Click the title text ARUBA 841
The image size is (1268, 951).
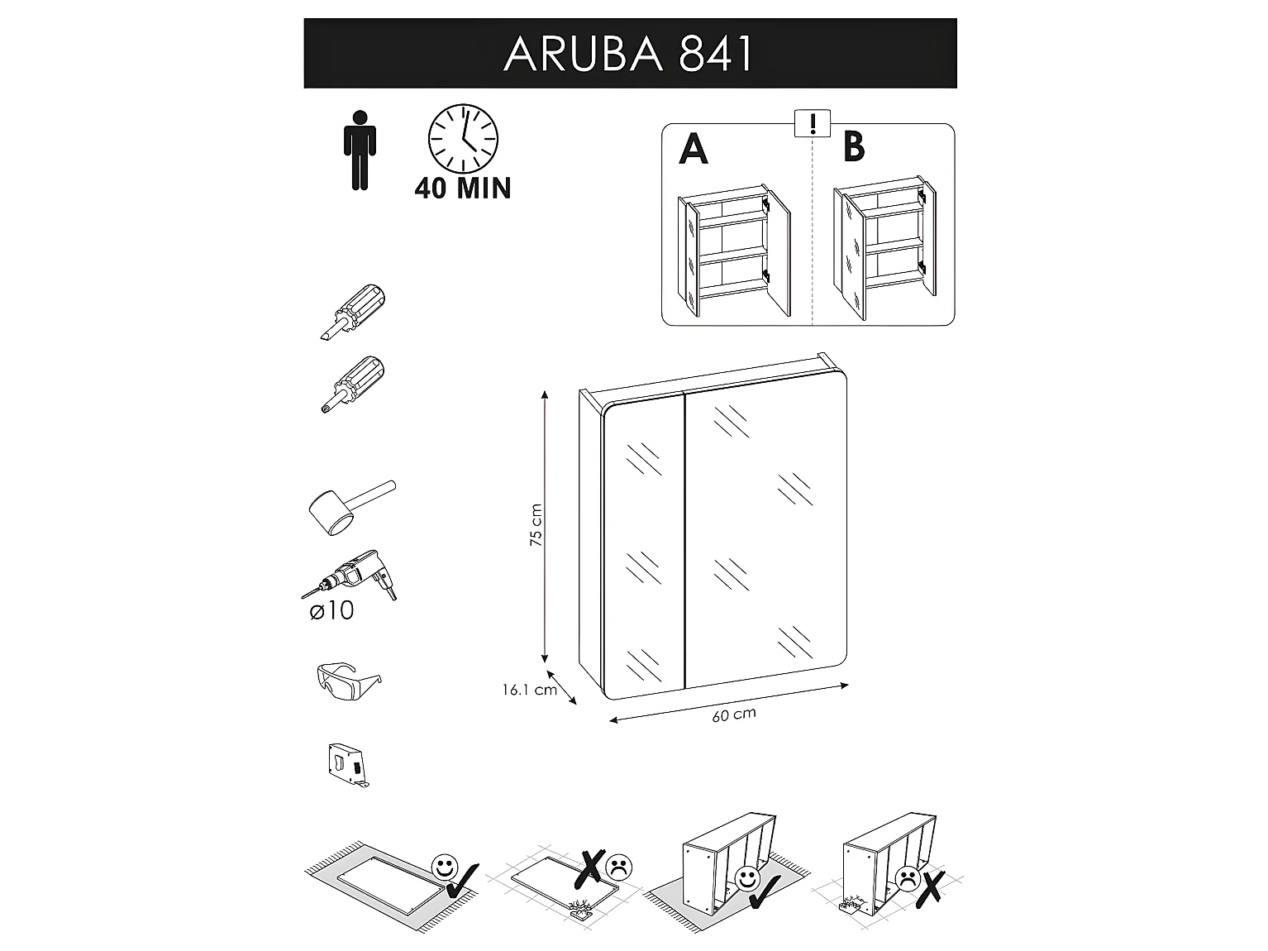pos(629,55)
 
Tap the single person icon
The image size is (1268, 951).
pos(360,150)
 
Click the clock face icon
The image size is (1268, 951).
pos(463,140)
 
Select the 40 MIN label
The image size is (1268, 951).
pos(463,189)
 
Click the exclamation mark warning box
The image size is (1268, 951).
pos(813,125)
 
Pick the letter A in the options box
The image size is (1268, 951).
pos(694,149)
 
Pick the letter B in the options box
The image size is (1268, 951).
pos(854,146)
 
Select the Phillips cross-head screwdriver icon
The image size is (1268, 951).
pos(354,383)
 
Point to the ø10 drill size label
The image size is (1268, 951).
pos(331,611)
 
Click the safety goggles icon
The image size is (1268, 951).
pos(348,681)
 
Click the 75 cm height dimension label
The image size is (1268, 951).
pos(536,526)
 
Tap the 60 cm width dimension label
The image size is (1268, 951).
pos(734,714)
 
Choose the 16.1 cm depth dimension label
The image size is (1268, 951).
pos(529,690)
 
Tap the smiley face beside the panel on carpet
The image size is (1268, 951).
pos(445,867)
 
